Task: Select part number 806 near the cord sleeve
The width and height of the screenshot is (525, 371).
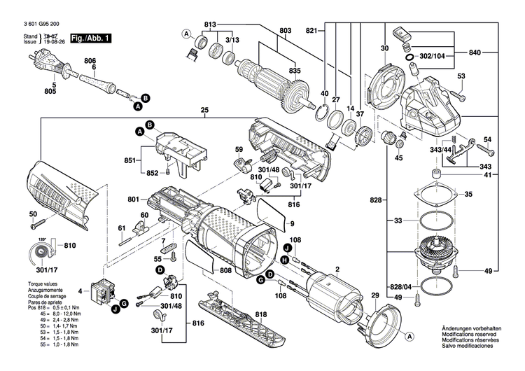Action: (89, 61)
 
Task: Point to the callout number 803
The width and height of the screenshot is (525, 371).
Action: (285, 30)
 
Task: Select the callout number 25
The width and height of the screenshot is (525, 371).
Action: (204, 110)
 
